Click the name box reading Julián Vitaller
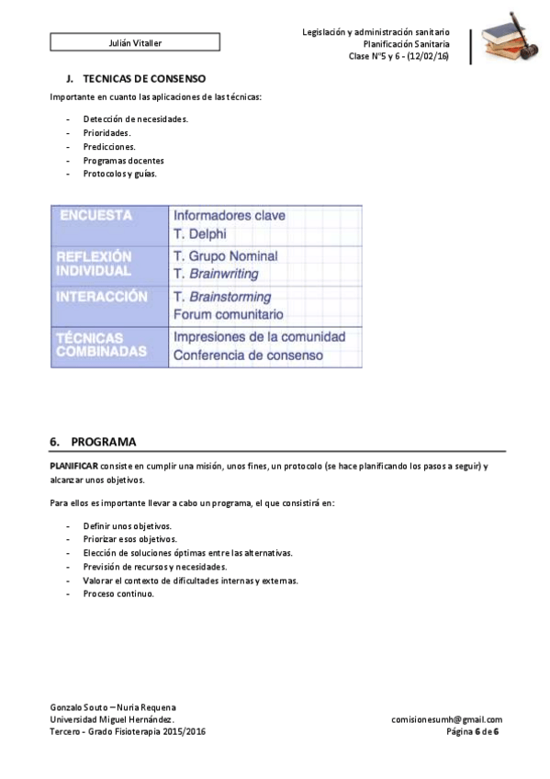pyautogui.click(x=134, y=42)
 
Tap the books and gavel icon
pyautogui.click(x=511, y=39)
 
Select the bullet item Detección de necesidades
pyautogui.click(x=135, y=119)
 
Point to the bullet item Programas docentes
pyautogui.click(x=123, y=160)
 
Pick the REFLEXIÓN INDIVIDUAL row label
pyautogui.click(x=94, y=265)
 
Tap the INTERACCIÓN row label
pyautogui.click(x=102, y=298)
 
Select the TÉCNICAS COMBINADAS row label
pyautogui.click(x=102, y=344)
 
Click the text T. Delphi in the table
pyautogui.click(x=199, y=234)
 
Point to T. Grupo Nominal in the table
pyautogui.click(x=225, y=256)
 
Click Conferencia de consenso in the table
pyautogui.click(x=248, y=355)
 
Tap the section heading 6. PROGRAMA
pyautogui.click(x=94, y=441)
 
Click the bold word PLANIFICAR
pyautogui.click(x=73, y=467)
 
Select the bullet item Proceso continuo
pyautogui.click(x=118, y=593)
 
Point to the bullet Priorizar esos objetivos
pyautogui.click(x=129, y=539)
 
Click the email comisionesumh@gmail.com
pyautogui.click(x=446, y=719)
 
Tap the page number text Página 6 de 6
pyautogui.click(x=472, y=731)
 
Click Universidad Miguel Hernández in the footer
pyautogui.click(x=112, y=719)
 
